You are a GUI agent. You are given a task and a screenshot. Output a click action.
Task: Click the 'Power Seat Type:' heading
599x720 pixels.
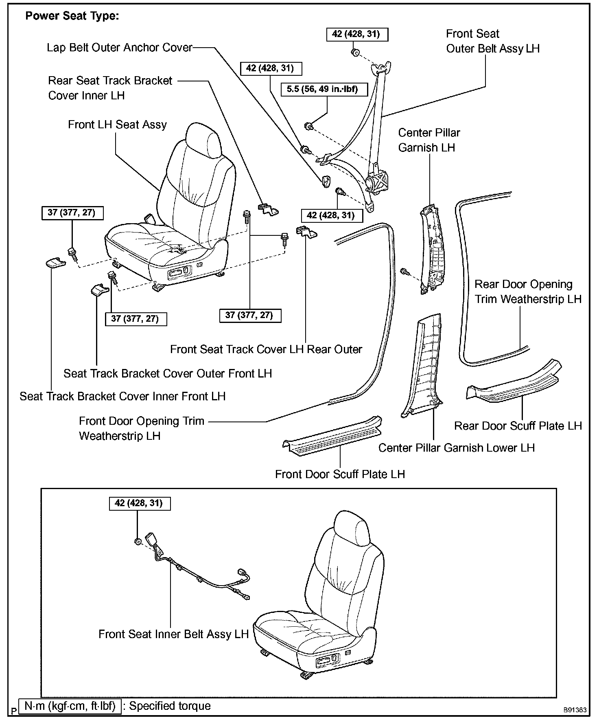[x=72, y=16]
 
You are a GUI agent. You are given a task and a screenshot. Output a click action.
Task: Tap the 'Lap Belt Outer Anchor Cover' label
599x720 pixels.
[x=119, y=48]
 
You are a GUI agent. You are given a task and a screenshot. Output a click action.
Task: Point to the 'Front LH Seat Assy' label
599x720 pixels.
[x=117, y=125]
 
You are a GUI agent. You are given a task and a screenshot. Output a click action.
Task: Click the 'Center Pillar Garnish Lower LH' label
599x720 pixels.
[x=456, y=448]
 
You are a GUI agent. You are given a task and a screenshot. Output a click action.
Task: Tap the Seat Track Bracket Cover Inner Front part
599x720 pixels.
[x=55, y=263]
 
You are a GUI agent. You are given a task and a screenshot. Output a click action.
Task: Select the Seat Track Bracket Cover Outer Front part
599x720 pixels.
[x=99, y=290]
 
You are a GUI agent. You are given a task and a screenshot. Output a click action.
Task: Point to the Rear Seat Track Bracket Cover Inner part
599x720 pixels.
[x=268, y=209]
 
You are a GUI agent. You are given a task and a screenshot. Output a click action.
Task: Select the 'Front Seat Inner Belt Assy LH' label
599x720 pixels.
[x=173, y=634]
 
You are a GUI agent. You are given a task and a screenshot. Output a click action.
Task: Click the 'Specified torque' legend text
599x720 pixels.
[x=170, y=706]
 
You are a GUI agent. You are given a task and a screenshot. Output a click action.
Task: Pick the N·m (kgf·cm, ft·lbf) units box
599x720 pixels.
[x=70, y=706]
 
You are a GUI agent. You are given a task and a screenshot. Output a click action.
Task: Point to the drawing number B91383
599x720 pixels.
[x=575, y=710]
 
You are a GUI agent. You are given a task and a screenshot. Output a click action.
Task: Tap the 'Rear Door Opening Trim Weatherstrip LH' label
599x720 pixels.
[x=528, y=292]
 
